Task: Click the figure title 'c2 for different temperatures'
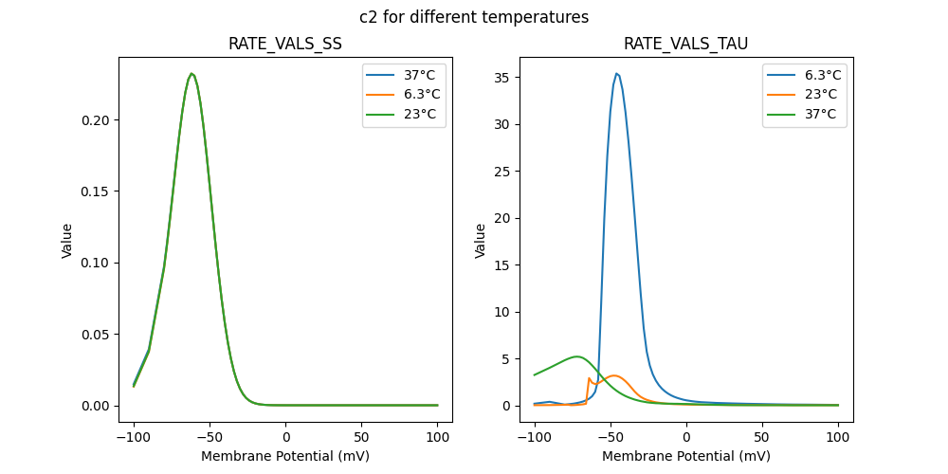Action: pyautogui.click(x=474, y=17)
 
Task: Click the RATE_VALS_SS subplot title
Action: pyautogui.click(x=285, y=45)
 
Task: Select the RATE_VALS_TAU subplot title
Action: pyautogui.click(x=686, y=45)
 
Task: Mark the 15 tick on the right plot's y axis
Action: pyautogui.click(x=504, y=265)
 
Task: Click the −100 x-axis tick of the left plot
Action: pyautogui.click(x=134, y=439)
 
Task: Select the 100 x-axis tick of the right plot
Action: pyautogui.click(x=838, y=439)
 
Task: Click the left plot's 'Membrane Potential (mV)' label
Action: pyautogui.click(x=285, y=456)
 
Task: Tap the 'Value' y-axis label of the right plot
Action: pyautogui.click(x=481, y=240)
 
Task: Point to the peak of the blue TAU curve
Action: pyautogui.click(x=616, y=73)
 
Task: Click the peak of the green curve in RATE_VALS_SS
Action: pyautogui.click(x=191, y=73)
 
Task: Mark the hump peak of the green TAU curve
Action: pyautogui.click(x=576, y=356)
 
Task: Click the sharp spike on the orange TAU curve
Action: pyautogui.click(x=589, y=378)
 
